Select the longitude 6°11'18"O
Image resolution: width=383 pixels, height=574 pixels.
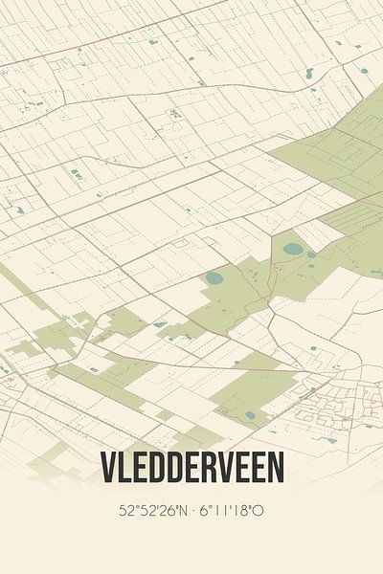pyautogui.click(x=230, y=511)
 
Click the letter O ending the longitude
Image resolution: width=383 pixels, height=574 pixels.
pyautogui.click(x=259, y=511)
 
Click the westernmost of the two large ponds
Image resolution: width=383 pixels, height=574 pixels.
pyautogui.click(x=214, y=278)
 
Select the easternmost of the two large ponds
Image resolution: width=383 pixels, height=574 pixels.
pyautogui.click(x=293, y=249)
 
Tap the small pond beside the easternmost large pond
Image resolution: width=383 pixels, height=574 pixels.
pyautogui.click(x=311, y=254)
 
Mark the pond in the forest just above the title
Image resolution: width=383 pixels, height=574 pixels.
pyautogui.click(x=251, y=415)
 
